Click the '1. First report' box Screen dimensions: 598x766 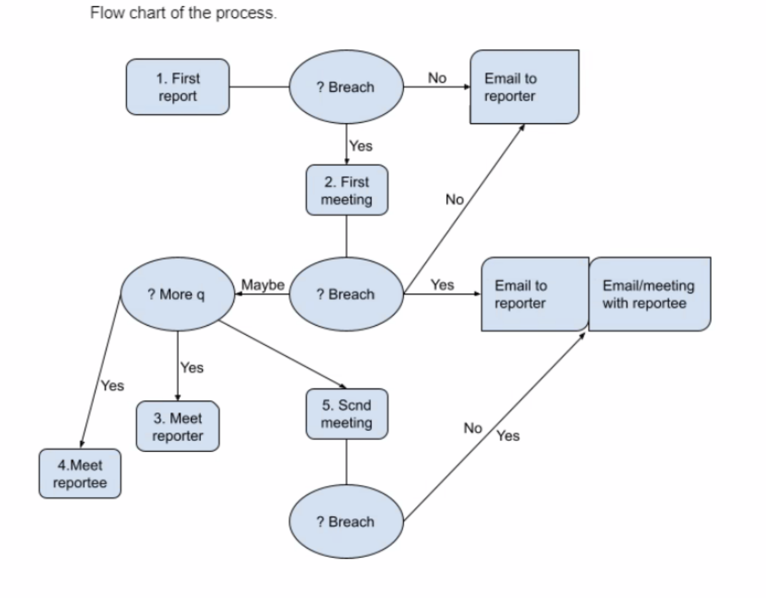pos(178,87)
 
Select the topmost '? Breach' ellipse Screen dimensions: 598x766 pos(346,87)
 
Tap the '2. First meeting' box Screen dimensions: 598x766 pos(346,190)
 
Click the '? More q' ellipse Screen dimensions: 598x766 pos(177,294)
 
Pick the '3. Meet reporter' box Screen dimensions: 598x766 pos(178,427)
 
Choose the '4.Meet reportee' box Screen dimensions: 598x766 pos(80,474)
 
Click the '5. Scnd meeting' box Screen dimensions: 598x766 pos(346,414)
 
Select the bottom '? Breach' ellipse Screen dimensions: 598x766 pos(346,521)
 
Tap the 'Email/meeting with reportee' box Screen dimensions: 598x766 pos(650,294)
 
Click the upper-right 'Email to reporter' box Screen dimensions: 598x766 pos(524,87)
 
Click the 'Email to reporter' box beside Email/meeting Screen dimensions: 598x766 pos(534,294)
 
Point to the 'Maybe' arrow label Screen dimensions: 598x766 pos(263,285)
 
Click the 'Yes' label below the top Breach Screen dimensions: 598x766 pos(361,146)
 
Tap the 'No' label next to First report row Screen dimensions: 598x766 pos(437,78)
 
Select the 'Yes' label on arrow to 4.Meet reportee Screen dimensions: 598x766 pos(113,385)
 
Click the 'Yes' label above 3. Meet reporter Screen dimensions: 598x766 pos(191,367)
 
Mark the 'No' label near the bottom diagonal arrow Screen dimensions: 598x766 pos(472,428)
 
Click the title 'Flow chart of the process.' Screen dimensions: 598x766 pos(183,13)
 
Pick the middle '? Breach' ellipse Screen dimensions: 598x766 pos(346,294)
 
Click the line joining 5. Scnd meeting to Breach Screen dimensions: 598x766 pos(346,462)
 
